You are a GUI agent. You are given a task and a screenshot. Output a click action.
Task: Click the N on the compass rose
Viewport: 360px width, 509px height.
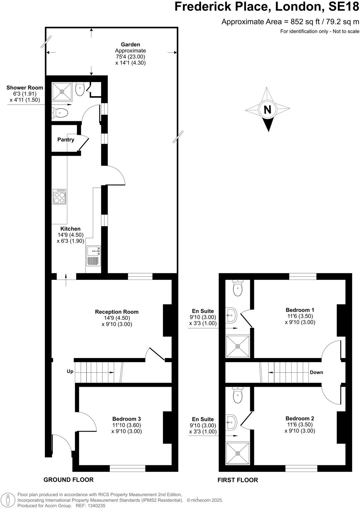click(x=267, y=110)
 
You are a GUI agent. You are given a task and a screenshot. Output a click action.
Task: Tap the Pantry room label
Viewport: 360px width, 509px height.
click(x=66, y=140)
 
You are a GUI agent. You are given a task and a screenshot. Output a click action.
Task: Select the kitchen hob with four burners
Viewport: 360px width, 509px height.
click(x=59, y=197)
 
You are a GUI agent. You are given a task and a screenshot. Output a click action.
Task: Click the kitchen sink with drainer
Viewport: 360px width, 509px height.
click(x=93, y=255)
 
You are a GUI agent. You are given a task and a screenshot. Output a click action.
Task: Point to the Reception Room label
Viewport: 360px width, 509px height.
click(x=117, y=312)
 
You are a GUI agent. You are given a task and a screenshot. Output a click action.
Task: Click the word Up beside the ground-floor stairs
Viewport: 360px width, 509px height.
click(x=70, y=371)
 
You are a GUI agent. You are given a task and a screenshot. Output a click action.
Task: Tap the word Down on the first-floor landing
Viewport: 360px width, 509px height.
click(x=316, y=372)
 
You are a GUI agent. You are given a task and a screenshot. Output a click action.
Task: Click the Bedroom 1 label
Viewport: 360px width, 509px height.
click(x=300, y=310)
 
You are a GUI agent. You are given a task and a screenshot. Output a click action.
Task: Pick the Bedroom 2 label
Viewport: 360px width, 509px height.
click(x=300, y=418)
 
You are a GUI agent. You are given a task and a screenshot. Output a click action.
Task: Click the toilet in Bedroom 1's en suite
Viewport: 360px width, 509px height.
click(x=238, y=288)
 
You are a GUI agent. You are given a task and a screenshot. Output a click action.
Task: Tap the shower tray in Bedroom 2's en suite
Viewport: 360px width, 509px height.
click(x=238, y=453)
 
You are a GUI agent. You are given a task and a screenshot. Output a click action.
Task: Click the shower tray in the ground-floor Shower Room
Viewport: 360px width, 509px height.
click(x=62, y=91)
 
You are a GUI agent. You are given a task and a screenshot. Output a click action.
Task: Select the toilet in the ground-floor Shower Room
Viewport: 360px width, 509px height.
click(x=60, y=113)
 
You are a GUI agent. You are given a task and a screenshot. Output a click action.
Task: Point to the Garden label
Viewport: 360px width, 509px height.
click(x=130, y=44)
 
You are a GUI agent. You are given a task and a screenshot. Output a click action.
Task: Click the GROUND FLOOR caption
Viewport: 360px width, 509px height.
click(x=68, y=480)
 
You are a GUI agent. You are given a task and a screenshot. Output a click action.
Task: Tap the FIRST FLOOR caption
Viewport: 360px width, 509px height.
click(x=238, y=480)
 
